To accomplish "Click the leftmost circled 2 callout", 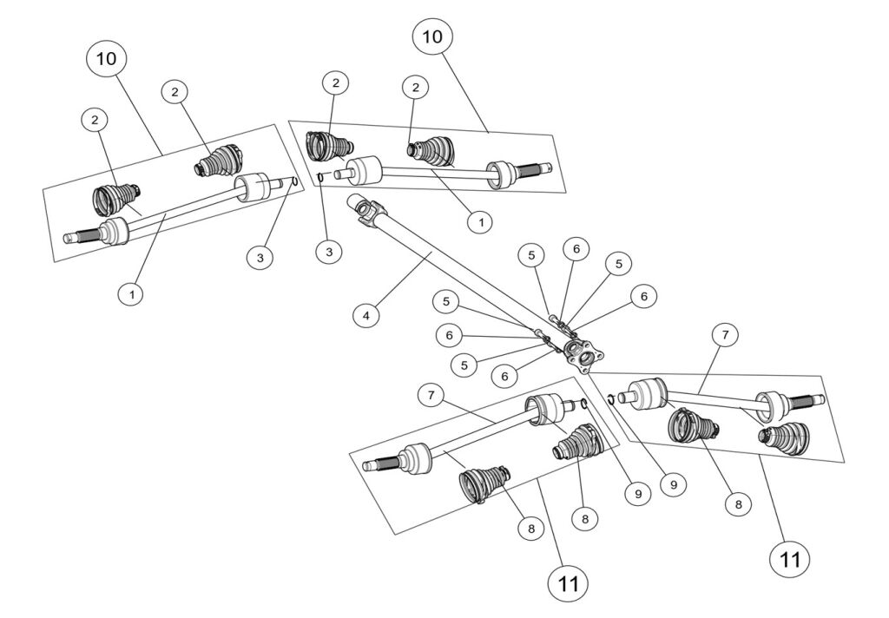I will [x=95, y=121].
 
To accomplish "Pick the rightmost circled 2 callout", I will [x=416, y=88].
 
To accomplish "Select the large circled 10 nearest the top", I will [x=431, y=36].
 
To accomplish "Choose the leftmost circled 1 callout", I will [x=131, y=293].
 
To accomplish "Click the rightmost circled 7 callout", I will [x=724, y=333].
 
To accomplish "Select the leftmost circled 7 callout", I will [x=430, y=395].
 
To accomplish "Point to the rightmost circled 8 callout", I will [x=737, y=503].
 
